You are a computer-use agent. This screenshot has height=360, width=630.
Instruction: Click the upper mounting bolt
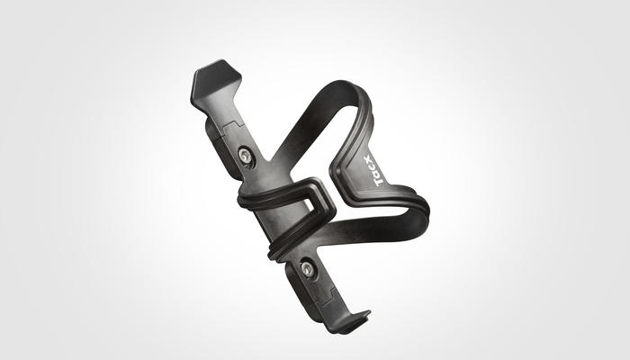(x=245, y=155)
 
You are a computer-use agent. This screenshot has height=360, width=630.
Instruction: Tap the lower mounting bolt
(x=308, y=269)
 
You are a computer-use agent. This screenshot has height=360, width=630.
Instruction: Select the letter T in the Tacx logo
(x=379, y=182)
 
